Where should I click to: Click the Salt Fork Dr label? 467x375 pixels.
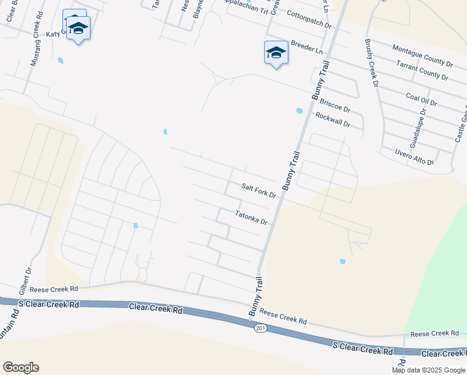point(258,191)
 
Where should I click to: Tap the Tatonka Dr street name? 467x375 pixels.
point(251,217)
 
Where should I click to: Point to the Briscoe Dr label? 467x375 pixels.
point(332,103)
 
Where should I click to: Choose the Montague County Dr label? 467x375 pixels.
point(423,56)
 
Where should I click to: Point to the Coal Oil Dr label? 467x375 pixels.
point(421,99)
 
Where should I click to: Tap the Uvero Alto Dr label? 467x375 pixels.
point(414,157)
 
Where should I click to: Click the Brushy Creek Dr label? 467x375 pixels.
point(371,63)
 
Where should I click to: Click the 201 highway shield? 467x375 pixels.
point(260,329)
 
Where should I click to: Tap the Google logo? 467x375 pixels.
point(21,367)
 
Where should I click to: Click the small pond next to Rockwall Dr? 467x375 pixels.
point(299,111)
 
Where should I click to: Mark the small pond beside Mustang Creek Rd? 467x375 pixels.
point(61,61)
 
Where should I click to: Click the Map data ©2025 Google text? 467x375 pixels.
point(429,370)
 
